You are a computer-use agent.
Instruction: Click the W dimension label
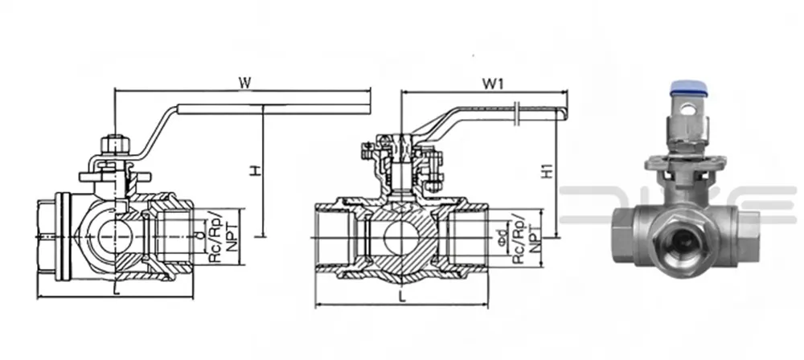click(245, 81)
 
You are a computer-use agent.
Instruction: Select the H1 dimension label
click(546, 171)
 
